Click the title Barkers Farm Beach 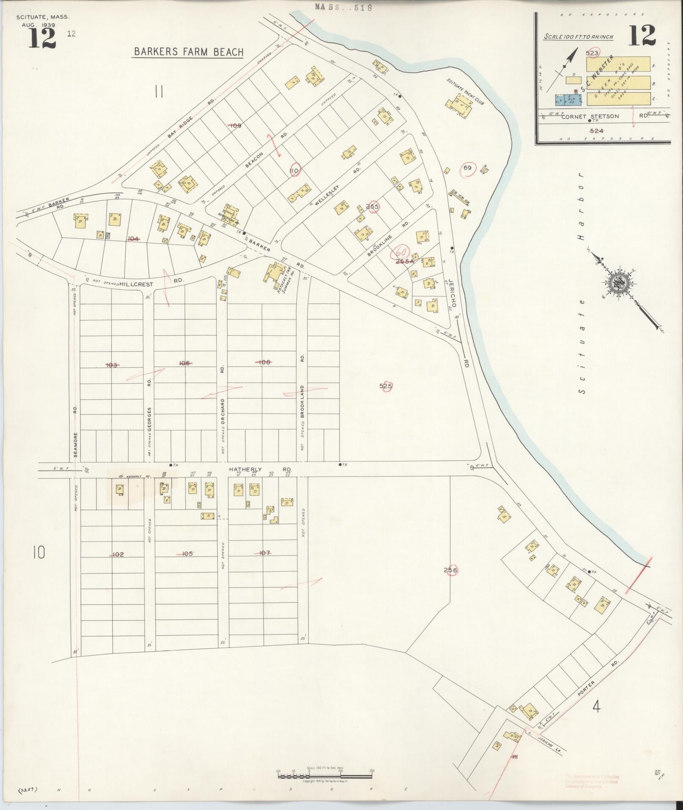(x=188, y=52)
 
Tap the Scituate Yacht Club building (x=459, y=104)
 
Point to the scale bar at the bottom (x=325, y=776)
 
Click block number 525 (x=385, y=386)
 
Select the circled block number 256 (x=451, y=570)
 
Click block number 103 (x=111, y=365)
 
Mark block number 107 (x=264, y=553)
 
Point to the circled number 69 (x=467, y=168)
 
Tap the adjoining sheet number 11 (x=159, y=91)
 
